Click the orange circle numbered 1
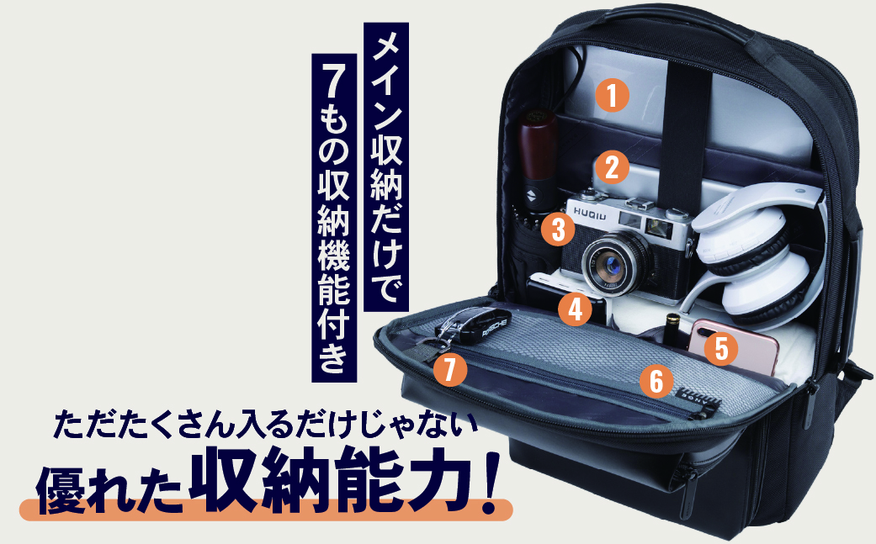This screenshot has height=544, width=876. click(x=612, y=95)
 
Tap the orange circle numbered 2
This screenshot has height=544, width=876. click(x=612, y=166)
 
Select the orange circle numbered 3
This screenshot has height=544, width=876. click(x=557, y=227)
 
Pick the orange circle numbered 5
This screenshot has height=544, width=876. click(x=720, y=347)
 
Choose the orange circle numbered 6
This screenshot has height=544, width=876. click(x=656, y=381)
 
